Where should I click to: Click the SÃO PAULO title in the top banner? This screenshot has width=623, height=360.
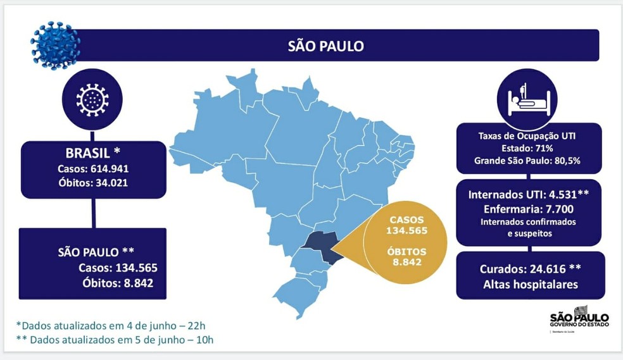coord(325,46)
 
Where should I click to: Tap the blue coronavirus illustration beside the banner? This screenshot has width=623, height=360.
coord(56,44)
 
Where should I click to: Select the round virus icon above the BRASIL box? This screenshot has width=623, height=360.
coord(92,99)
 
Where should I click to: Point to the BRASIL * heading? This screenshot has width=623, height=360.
coord(93,153)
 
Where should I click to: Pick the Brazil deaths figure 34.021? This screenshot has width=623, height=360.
coord(118,183)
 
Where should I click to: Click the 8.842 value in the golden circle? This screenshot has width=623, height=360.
coord(407,263)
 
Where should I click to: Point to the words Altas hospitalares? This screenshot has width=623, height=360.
coord(529,284)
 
